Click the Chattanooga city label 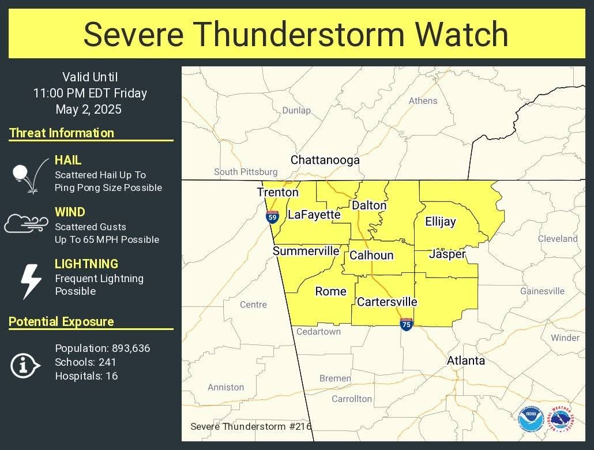325,160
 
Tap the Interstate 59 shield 272,217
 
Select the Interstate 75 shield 406,324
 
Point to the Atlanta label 465,361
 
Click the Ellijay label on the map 440,222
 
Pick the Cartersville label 387,302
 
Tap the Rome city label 330,291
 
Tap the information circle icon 25,365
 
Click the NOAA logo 530,419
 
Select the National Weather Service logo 560,419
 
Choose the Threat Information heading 62,133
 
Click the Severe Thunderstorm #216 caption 250,426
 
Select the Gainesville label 542,291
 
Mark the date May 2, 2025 89,109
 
